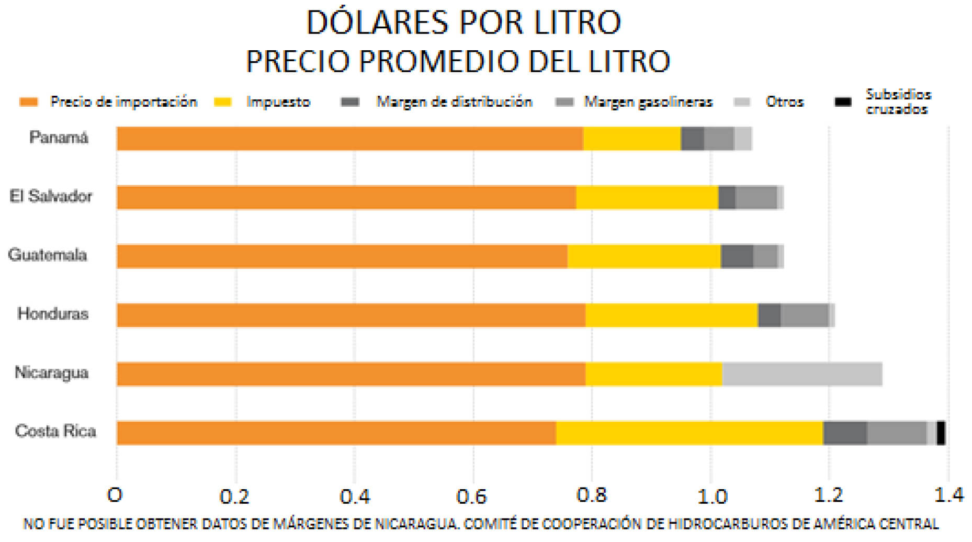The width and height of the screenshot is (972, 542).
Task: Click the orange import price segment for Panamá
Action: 349,139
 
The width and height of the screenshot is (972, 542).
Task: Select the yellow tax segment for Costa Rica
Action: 689,433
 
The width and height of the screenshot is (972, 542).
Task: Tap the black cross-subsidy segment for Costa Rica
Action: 941,433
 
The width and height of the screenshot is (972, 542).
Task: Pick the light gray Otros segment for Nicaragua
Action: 802,374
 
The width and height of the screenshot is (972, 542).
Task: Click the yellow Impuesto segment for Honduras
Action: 671,315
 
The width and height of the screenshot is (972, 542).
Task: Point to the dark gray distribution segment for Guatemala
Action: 737,256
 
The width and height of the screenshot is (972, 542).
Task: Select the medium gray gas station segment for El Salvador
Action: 756,197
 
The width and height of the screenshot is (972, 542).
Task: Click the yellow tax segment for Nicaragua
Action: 653,374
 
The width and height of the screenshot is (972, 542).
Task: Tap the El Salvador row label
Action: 51,196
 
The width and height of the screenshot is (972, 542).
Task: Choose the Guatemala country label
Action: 48,255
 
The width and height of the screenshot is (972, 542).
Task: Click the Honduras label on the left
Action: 53,314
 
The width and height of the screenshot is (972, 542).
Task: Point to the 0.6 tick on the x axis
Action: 472,495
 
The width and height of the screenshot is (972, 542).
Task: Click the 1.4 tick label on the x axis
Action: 948,495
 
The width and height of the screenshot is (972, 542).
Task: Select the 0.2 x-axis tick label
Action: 234,495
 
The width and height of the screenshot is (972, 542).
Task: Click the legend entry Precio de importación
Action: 123,101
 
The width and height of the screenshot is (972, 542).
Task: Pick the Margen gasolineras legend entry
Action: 648,101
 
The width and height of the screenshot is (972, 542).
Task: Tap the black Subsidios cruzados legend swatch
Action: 842,101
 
